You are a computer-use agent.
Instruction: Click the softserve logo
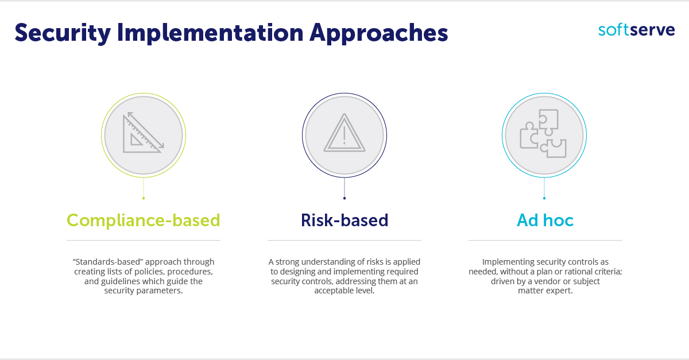tap(636, 30)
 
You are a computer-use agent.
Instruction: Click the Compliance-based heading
tap(144, 220)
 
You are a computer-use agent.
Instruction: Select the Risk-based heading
tap(344, 220)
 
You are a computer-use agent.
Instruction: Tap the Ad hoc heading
tap(545, 220)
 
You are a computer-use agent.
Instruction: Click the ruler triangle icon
tap(142, 133)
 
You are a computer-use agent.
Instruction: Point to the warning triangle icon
tap(344, 134)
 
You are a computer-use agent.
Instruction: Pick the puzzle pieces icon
tap(543, 134)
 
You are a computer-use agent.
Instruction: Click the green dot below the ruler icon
tap(143, 198)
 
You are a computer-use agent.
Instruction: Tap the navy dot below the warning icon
tap(344, 198)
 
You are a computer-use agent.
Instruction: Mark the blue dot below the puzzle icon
tap(544, 198)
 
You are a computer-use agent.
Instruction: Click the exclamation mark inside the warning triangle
tap(344, 136)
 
